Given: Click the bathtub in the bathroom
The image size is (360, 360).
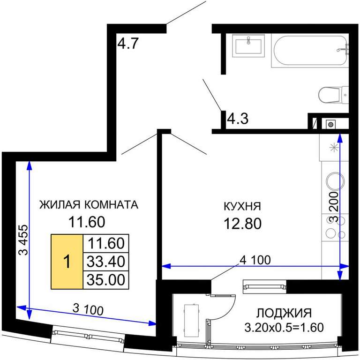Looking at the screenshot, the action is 310,51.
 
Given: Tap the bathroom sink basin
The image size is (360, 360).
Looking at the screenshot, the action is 248,45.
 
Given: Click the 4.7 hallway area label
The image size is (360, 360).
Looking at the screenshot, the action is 128,43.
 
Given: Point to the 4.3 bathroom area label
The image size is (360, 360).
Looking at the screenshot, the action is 238,119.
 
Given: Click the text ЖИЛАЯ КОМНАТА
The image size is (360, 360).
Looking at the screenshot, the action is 89,205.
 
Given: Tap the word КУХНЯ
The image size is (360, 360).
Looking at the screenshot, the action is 242,206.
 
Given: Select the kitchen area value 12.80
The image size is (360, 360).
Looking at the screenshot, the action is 243,224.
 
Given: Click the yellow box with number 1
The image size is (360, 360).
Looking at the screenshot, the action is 67,262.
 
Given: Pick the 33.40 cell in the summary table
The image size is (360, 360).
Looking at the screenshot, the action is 106,262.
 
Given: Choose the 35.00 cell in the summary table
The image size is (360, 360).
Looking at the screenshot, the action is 106,280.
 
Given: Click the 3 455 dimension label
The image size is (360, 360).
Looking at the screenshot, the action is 23,240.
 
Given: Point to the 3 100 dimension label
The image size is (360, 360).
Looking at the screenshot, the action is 88,309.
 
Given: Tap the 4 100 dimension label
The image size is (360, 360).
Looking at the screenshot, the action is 255,260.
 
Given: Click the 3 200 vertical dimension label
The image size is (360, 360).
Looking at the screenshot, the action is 334,207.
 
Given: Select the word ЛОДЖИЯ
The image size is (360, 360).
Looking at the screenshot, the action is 284,313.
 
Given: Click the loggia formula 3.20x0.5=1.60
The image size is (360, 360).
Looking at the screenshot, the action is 284,327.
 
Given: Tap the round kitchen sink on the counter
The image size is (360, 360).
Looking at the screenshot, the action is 335,181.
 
